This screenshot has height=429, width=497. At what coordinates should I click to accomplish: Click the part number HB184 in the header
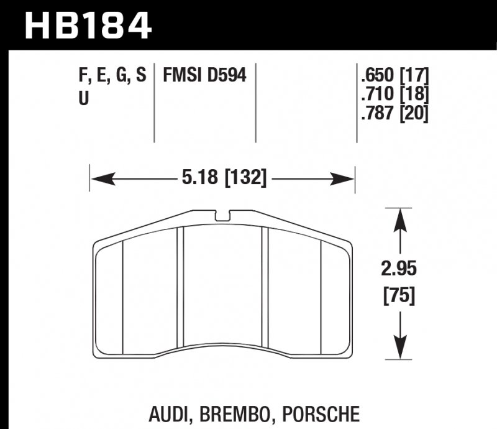87,25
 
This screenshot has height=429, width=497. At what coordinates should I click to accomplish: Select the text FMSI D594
204,76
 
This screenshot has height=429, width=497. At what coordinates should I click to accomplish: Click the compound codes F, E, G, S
112,76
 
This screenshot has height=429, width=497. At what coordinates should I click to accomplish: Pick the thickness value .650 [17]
394,76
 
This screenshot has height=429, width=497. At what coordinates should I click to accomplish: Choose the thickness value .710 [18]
394,95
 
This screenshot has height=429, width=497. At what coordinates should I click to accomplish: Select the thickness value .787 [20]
394,114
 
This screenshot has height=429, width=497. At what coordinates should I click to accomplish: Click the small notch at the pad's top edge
223,216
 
